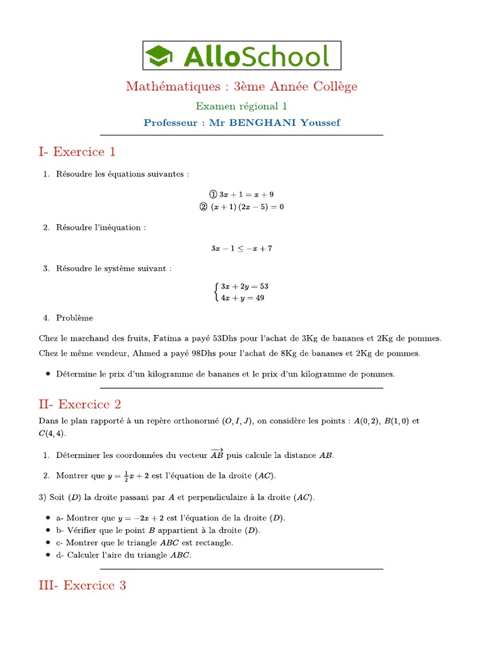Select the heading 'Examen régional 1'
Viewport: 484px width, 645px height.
click(x=241, y=106)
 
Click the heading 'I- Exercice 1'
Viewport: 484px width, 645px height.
click(x=77, y=152)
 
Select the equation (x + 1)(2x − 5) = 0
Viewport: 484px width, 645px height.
click(x=247, y=207)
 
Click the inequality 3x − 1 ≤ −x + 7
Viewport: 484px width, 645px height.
click(x=241, y=248)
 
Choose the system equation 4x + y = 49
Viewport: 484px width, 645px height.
click(x=242, y=298)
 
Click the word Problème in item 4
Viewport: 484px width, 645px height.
click(x=74, y=318)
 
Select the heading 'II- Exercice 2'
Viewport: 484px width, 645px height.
click(x=79, y=404)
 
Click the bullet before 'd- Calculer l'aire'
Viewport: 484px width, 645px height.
click(x=49, y=556)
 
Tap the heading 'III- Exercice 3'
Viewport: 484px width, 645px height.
click(x=82, y=586)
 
